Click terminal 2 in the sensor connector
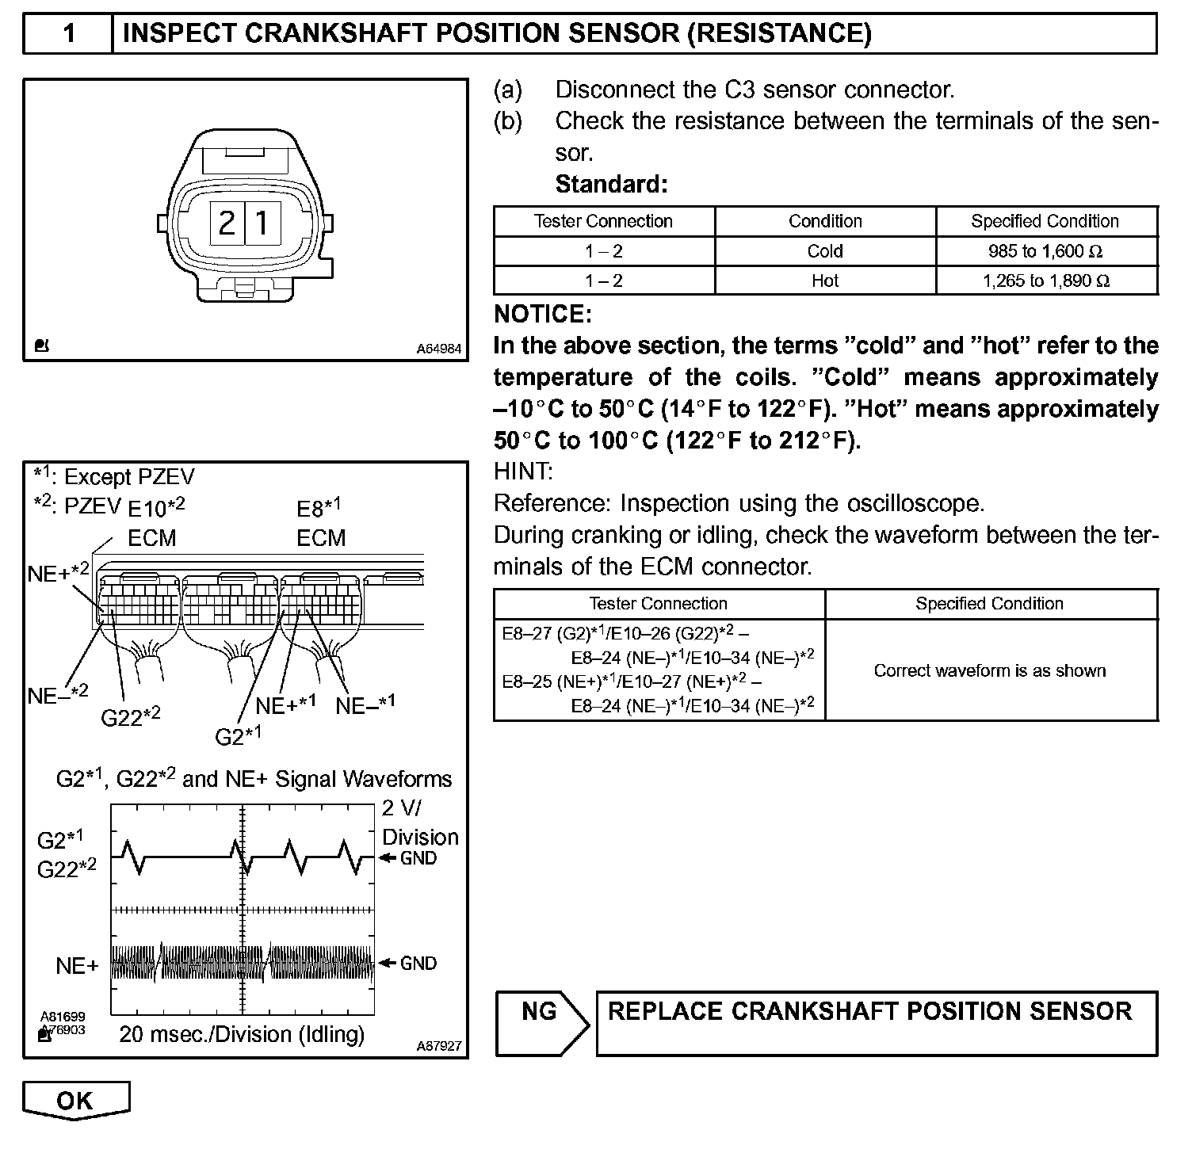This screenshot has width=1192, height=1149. pos(227,223)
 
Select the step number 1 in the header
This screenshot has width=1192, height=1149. pos(69,33)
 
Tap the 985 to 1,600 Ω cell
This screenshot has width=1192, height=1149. pos(1045,251)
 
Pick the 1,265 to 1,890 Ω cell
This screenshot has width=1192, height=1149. pos(1045,281)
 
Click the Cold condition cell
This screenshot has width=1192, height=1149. pos(824,251)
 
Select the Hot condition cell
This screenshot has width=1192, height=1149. pos(824,281)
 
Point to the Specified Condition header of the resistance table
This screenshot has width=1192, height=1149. pos(1045,221)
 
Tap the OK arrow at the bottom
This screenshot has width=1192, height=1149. pos(75,1100)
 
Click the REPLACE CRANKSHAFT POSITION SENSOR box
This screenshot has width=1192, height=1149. pos(876,1022)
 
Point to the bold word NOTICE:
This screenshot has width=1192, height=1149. pos(543,315)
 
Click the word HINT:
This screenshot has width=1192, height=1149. pos(523,471)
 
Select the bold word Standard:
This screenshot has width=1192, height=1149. pos(611,185)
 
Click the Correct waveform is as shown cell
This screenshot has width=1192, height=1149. pos(990,670)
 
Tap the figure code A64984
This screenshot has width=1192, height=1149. pos(439,349)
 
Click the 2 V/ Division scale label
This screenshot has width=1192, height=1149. pos(419,823)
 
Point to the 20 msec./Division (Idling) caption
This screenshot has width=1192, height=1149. pos(242,1034)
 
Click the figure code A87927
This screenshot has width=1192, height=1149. pos(439,1046)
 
